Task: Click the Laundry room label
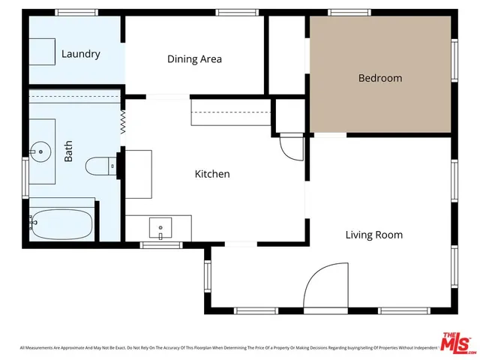tap(80, 54)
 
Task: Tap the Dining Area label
tap(194, 59)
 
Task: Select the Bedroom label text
tap(379, 78)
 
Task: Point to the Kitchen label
tap(212, 174)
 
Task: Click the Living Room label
tap(373, 235)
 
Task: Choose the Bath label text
tap(69, 154)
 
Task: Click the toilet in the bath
tap(99, 165)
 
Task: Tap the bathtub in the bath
tap(61, 222)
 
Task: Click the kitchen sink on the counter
tap(160, 226)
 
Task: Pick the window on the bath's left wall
tap(26, 177)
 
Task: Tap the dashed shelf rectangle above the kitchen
tap(230, 113)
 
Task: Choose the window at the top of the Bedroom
tap(343, 12)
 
